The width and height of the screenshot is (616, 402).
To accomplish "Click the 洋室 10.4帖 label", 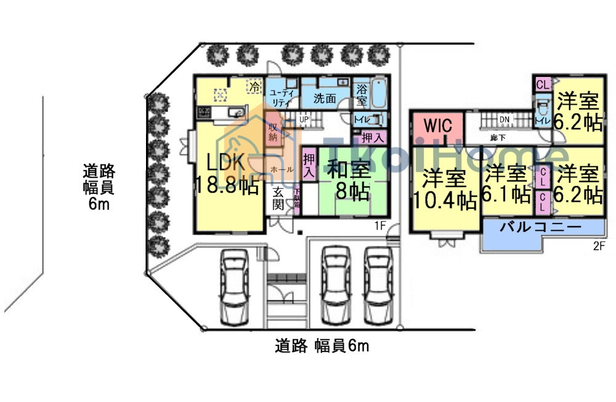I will click(445, 189).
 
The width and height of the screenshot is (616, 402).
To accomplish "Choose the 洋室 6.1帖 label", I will click(506, 184).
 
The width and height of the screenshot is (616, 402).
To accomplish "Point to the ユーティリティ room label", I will click(282, 98).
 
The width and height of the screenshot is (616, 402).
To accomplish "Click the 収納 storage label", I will click(273, 132).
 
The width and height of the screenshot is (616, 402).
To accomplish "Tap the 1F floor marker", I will click(379, 226).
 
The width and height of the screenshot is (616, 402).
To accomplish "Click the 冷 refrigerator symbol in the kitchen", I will click(253, 87).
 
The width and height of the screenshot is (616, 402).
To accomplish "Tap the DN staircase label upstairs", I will click(504, 119).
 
